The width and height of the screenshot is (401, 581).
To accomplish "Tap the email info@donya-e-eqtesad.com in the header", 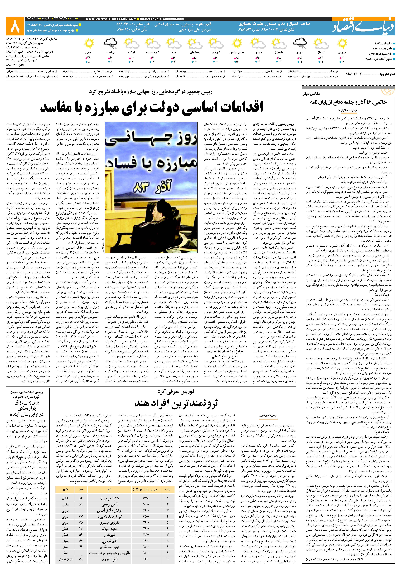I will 162,19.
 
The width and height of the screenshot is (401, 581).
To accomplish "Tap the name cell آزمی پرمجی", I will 110,504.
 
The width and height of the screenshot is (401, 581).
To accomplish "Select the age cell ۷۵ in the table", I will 81,523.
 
